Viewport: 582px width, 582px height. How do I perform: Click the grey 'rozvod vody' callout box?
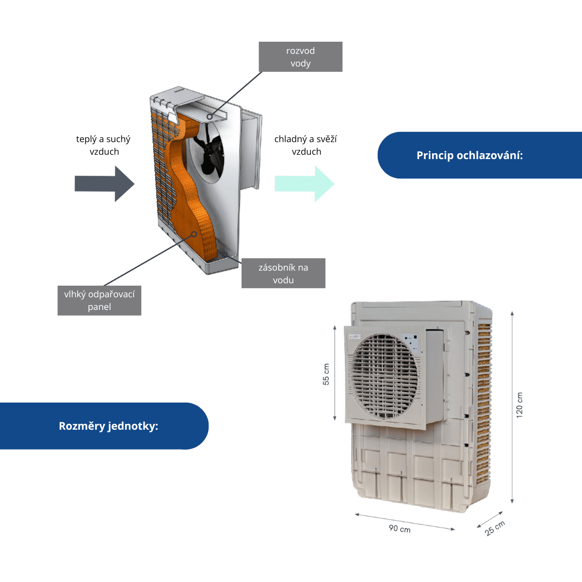(x=300, y=57)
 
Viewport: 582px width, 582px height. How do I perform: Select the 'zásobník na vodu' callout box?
(x=283, y=273)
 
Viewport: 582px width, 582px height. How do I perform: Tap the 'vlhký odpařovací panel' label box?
(x=99, y=300)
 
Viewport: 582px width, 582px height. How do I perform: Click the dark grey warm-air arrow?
(x=104, y=184)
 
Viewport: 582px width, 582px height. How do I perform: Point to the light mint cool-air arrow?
(x=305, y=184)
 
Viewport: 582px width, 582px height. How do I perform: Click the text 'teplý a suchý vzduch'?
(x=103, y=145)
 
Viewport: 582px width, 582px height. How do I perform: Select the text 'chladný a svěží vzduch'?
(x=306, y=145)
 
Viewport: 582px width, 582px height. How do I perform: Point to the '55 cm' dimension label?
(x=326, y=374)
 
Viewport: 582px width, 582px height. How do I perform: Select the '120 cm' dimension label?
(x=519, y=405)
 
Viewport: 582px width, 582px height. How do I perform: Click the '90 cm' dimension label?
(x=400, y=528)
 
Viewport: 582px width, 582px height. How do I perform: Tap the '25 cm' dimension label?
(x=495, y=528)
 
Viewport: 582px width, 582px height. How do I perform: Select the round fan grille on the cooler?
(x=385, y=376)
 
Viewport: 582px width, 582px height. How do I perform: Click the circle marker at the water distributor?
(x=210, y=116)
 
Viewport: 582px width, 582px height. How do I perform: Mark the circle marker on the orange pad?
(x=194, y=234)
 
